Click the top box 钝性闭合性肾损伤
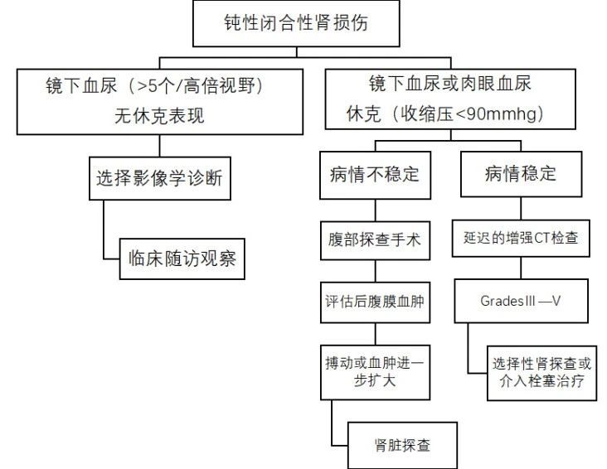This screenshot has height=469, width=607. pos(295,23)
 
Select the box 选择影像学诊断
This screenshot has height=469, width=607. pos(158,176)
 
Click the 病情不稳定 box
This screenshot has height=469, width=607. pos(375,176)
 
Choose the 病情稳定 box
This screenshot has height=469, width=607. pos(520,175)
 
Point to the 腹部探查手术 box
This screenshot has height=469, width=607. pos(375,239)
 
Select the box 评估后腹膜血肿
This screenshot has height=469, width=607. pos(375,302)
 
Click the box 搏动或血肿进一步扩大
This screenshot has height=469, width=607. pos(375,372)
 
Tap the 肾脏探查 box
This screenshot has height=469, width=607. pos(401,445)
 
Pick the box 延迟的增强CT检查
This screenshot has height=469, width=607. pos(521,238)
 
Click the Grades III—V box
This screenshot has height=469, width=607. pos(521,300)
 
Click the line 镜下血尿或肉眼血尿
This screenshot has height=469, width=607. pos(449,85)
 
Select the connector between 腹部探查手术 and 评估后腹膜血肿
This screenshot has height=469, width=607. pos(375,270)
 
